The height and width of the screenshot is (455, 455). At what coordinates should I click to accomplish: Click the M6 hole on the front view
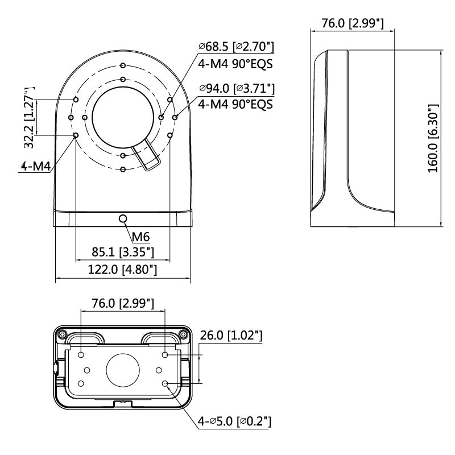pos(123,218)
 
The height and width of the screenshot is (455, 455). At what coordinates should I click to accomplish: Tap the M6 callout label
pos(140,236)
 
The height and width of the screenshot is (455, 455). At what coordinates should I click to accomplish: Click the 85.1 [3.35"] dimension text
pos(123,251)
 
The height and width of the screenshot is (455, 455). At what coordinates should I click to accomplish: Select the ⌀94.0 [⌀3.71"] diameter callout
pos(236,89)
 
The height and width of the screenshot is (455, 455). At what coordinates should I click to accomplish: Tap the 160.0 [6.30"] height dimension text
pos(433,139)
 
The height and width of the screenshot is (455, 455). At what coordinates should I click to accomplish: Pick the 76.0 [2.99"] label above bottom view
pos(123,303)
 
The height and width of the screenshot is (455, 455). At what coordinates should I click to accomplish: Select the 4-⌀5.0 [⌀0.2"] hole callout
pos(234,421)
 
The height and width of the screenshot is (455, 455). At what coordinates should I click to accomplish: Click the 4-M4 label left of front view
pos(36,167)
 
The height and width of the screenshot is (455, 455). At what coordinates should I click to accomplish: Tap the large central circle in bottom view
pos(123,370)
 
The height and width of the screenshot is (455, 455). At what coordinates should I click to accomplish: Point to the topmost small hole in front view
pos(123,65)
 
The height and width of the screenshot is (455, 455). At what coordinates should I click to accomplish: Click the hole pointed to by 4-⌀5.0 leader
pos(165,384)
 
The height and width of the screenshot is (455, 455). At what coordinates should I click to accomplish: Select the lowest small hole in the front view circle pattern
pos(123,169)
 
